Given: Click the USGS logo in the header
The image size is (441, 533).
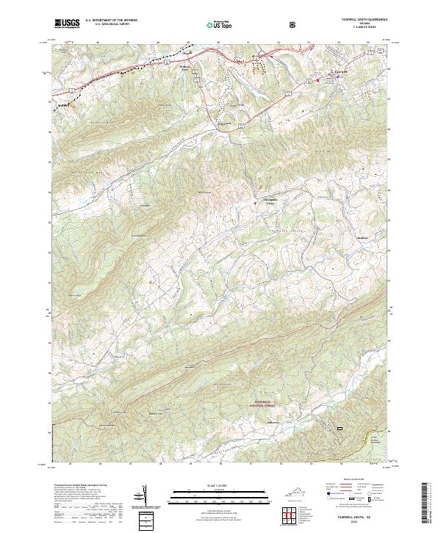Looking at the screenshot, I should pyautogui.click(x=68, y=24).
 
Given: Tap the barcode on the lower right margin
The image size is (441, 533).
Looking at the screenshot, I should pyautogui.click(x=426, y=503).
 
